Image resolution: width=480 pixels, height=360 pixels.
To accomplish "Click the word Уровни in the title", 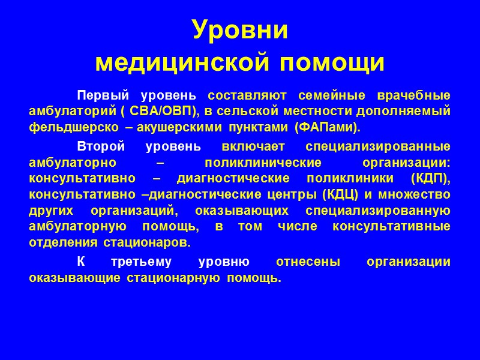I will (240, 29).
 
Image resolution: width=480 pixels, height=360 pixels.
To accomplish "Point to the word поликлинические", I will (251, 163).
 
